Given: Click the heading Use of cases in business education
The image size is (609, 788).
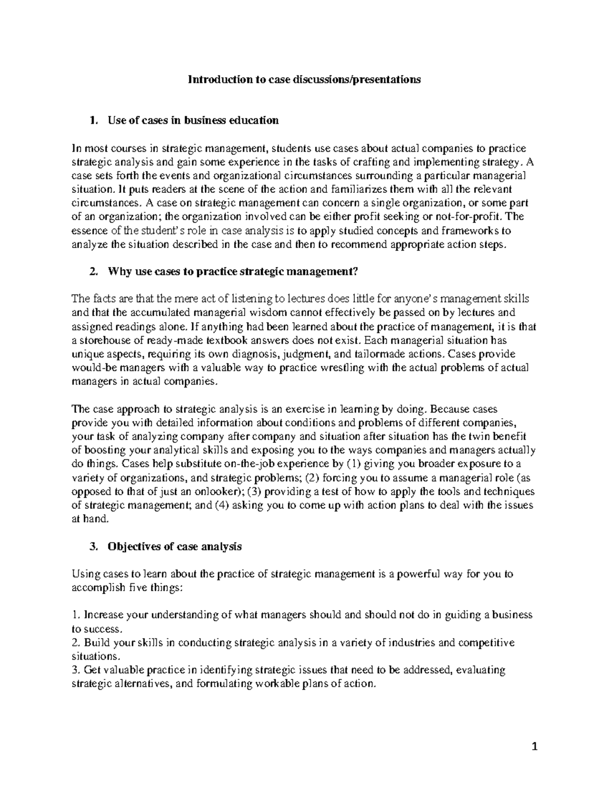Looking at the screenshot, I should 193,120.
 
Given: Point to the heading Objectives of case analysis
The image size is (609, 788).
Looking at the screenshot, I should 175,546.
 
